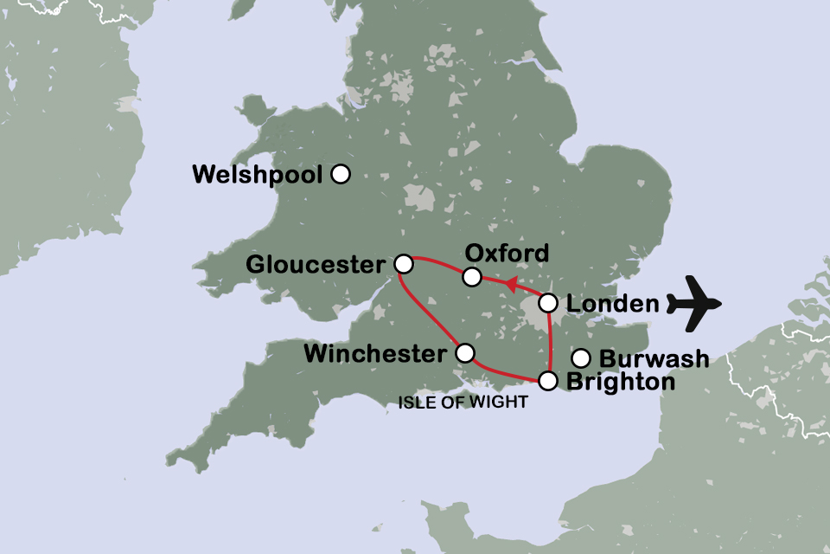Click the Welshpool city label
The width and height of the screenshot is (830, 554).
point(257,175)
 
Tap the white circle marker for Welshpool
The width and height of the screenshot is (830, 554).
point(341,174)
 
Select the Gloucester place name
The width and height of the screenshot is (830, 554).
point(315,264)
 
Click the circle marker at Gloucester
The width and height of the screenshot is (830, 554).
point(403,263)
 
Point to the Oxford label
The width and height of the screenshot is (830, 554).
point(507,253)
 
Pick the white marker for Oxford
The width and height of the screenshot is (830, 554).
point(471,277)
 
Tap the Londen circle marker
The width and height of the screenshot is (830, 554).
point(548,303)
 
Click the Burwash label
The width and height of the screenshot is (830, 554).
point(654,358)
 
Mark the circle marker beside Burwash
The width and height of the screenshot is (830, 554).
point(582,358)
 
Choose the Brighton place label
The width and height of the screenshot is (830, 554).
point(620,382)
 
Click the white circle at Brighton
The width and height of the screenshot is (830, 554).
point(548,380)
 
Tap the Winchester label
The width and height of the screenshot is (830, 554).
point(377,353)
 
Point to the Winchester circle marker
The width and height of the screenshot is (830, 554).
point(465,352)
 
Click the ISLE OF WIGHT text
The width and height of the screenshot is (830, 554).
point(463,403)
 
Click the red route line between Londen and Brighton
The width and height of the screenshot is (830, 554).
point(550,342)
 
